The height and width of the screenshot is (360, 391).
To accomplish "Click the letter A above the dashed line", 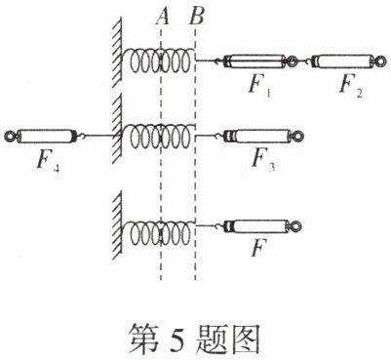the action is point(163,17).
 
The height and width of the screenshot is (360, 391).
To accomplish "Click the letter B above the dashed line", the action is point(197,17).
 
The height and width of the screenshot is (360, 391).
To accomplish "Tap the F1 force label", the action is point(260,87).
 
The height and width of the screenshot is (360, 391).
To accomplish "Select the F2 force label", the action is point(350,87).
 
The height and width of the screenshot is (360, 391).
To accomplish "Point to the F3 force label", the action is point(263,160).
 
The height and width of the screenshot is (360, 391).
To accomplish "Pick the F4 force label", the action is point(48,161).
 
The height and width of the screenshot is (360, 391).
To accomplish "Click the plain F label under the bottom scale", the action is point(259,248).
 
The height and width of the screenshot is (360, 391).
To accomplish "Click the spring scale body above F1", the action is point(255,61).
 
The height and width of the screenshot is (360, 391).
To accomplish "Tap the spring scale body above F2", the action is point(342,61).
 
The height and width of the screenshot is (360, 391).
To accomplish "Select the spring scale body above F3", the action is point(257,136).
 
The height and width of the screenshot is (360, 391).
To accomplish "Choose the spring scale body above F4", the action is point(46,136).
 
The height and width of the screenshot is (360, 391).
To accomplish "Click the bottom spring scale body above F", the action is point(257,226).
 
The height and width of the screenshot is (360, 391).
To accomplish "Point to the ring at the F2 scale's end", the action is point(381,61).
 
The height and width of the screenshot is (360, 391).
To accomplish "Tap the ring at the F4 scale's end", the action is point(10,136).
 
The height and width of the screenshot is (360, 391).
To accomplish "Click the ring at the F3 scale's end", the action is point(296,136).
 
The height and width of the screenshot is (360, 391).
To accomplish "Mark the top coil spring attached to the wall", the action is point(159,60).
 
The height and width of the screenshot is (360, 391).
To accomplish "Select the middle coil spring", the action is point(159,136).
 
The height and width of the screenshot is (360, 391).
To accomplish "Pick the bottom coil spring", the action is point(159,233).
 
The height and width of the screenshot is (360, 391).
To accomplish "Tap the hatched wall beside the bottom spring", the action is point(117,225).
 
